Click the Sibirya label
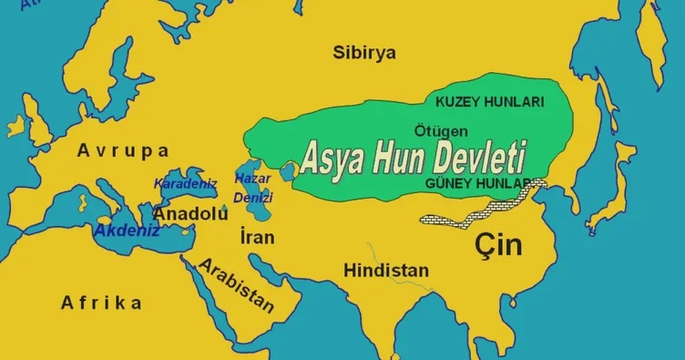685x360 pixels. pyautogui.click(x=364, y=53)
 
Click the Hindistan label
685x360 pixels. pyautogui.click(x=386, y=271)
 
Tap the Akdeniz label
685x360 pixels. pyautogui.click(x=127, y=231)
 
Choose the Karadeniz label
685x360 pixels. pyautogui.click(x=185, y=184)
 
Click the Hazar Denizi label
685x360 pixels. pyautogui.click(x=253, y=187)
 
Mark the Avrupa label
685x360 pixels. pyautogui.click(x=123, y=150)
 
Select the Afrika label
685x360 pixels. pyautogui.click(x=101, y=303)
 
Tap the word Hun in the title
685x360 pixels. pyautogui.click(x=414, y=161)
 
